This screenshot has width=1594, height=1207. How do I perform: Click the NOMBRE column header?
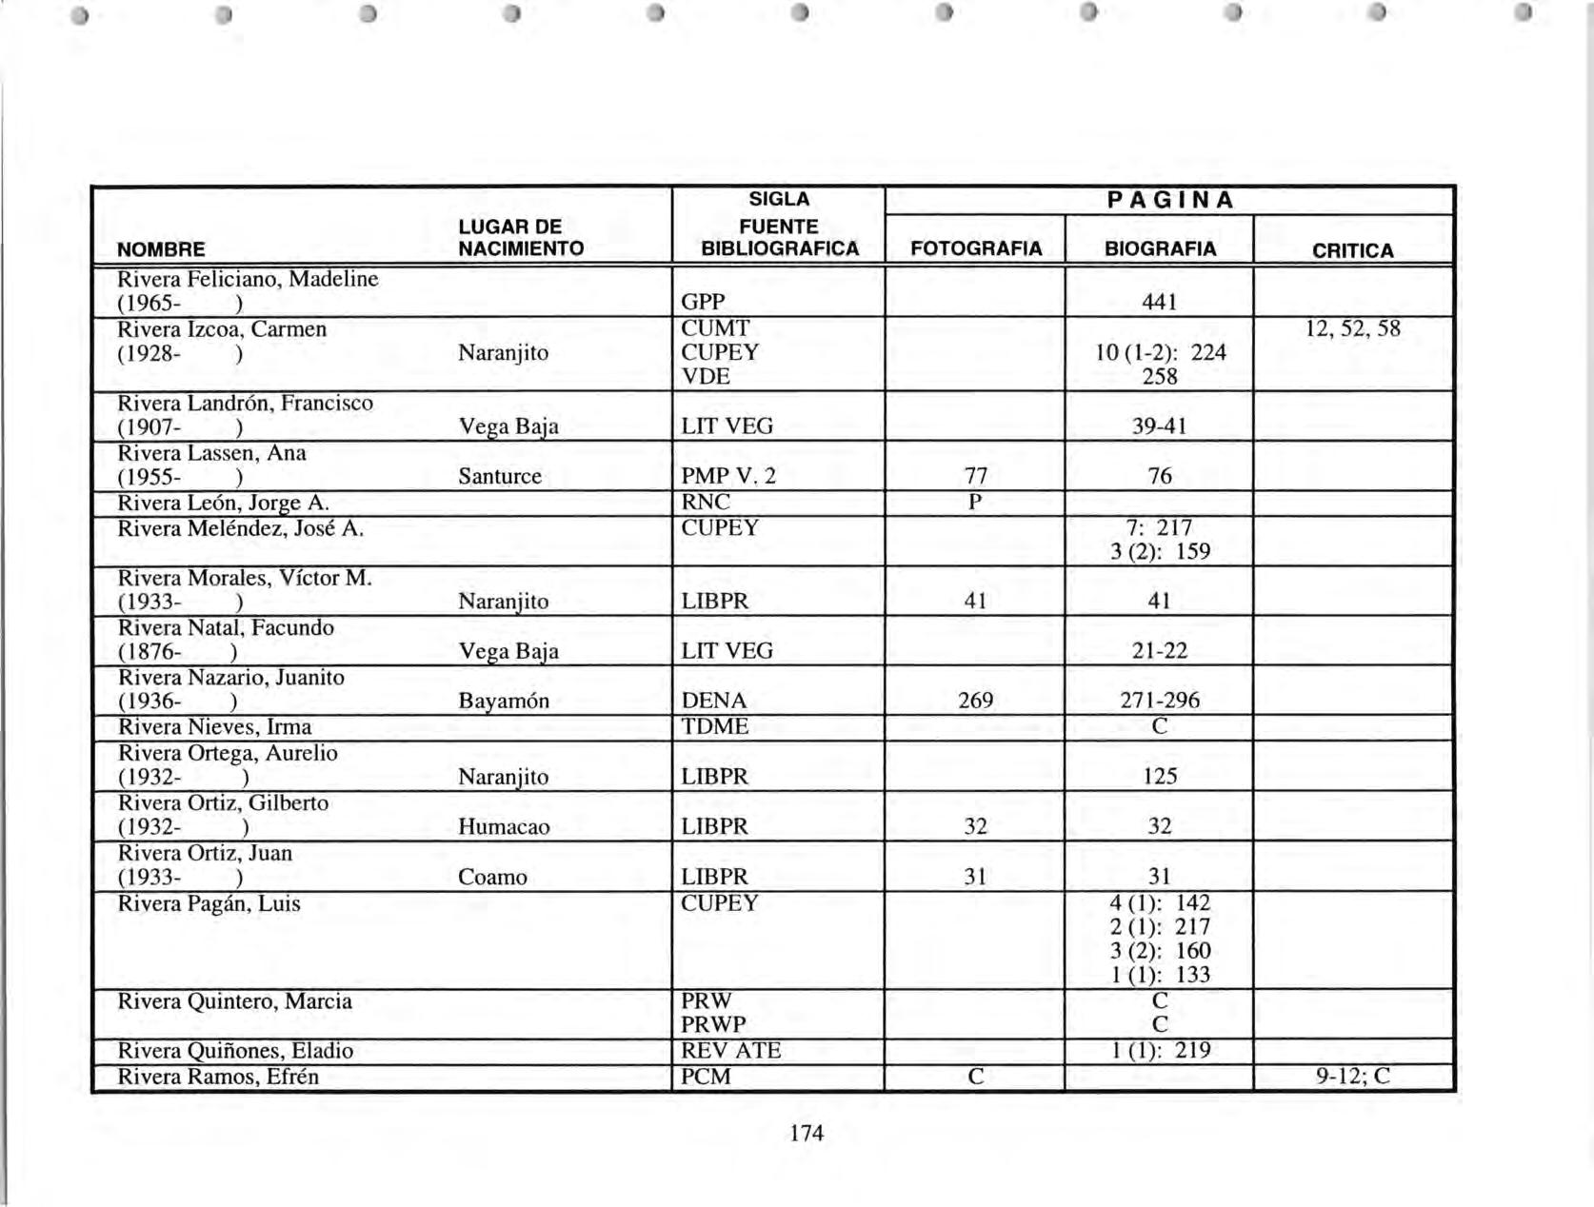(161, 249)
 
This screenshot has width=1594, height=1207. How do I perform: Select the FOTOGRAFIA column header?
(976, 249)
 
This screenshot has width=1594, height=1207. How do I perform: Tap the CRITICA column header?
(1352, 250)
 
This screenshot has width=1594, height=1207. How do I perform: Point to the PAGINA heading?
(1170, 200)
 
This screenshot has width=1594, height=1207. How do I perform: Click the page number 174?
(807, 1133)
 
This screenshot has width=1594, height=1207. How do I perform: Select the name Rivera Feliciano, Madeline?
(248, 279)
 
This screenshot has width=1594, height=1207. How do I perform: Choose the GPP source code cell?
(703, 302)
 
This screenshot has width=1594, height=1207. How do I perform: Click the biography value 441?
(1160, 302)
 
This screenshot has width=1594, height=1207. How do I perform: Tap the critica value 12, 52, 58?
(1352, 328)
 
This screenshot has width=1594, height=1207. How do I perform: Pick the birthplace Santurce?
(500, 476)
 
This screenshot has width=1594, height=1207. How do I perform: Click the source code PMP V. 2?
(728, 476)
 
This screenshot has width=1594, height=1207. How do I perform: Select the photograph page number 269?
(975, 701)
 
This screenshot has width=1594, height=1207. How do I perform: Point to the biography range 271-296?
(1160, 701)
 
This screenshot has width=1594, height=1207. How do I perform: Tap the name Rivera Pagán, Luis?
(209, 903)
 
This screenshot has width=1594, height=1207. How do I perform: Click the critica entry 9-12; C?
(1353, 1077)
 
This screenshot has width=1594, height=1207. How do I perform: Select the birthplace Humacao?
(504, 826)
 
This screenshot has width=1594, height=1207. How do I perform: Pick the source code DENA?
(714, 701)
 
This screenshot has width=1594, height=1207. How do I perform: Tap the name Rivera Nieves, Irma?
(214, 727)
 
